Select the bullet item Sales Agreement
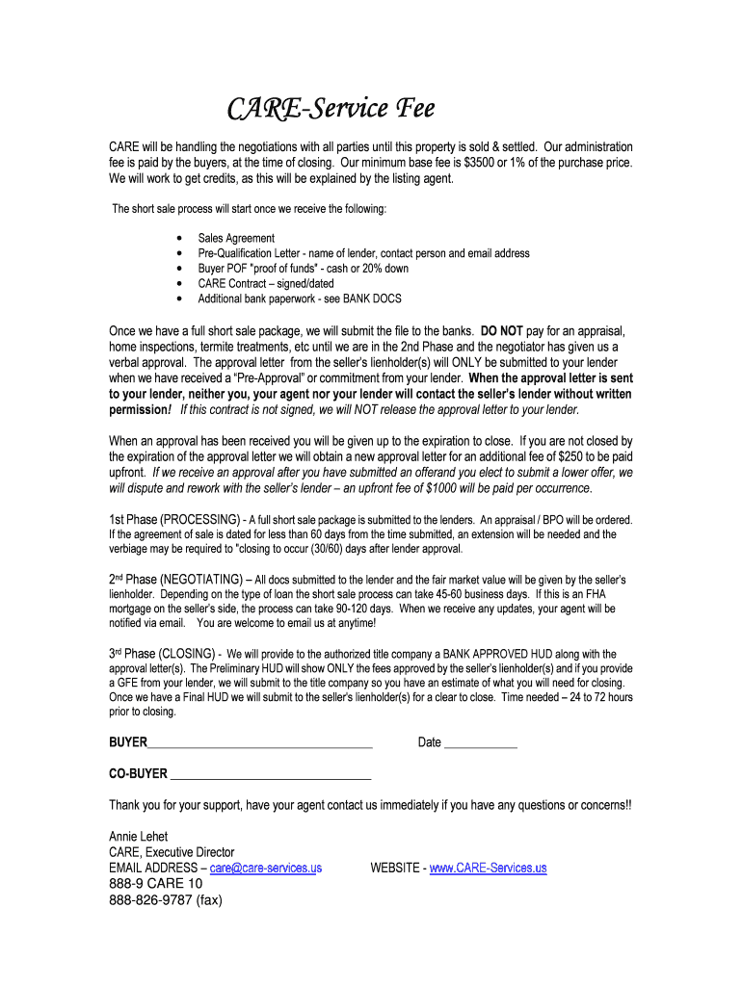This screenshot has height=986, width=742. pyautogui.click(x=236, y=238)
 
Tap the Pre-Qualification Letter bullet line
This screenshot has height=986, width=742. pyautogui.click(x=363, y=253)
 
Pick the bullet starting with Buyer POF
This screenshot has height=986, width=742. pyautogui.click(x=303, y=269)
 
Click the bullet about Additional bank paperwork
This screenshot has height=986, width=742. pyautogui.click(x=300, y=299)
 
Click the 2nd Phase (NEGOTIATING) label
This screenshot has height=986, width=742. pyautogui.click(x=175, y=580)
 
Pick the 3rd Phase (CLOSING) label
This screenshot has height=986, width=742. pyautogui.click(x=165, y=653)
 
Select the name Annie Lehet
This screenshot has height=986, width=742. pyautogui.click(x=138, y=837)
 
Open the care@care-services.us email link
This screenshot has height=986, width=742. pyautogui.click(x=265, y=868)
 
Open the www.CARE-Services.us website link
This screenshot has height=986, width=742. pyautogui.click(x=488, y=868)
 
